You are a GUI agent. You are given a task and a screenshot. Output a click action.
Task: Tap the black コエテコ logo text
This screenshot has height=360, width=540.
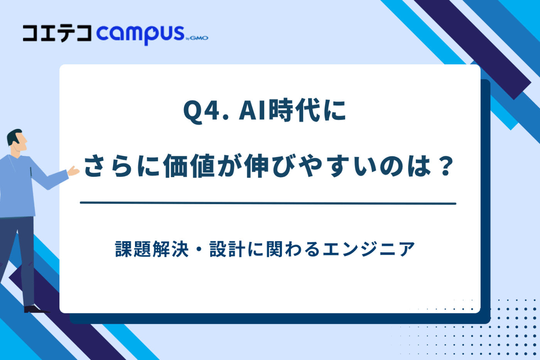(x=57, y=34)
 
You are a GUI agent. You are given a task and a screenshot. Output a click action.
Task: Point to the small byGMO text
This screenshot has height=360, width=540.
(x=197, y=38)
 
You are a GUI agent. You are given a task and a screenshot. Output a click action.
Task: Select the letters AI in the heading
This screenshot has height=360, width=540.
(x=253, y=111)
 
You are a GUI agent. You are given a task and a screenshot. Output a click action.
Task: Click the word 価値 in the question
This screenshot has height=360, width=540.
(x=189, y=166)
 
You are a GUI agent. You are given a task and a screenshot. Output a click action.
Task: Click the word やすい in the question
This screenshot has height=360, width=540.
(x=337, y=166)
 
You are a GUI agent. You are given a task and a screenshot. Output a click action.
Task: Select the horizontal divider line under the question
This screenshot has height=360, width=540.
(x=268, y=203)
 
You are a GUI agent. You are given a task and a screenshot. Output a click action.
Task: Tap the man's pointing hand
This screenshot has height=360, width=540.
(x=73, y=171)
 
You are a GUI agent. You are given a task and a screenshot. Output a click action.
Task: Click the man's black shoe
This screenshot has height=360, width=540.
(x=35, y=309)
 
